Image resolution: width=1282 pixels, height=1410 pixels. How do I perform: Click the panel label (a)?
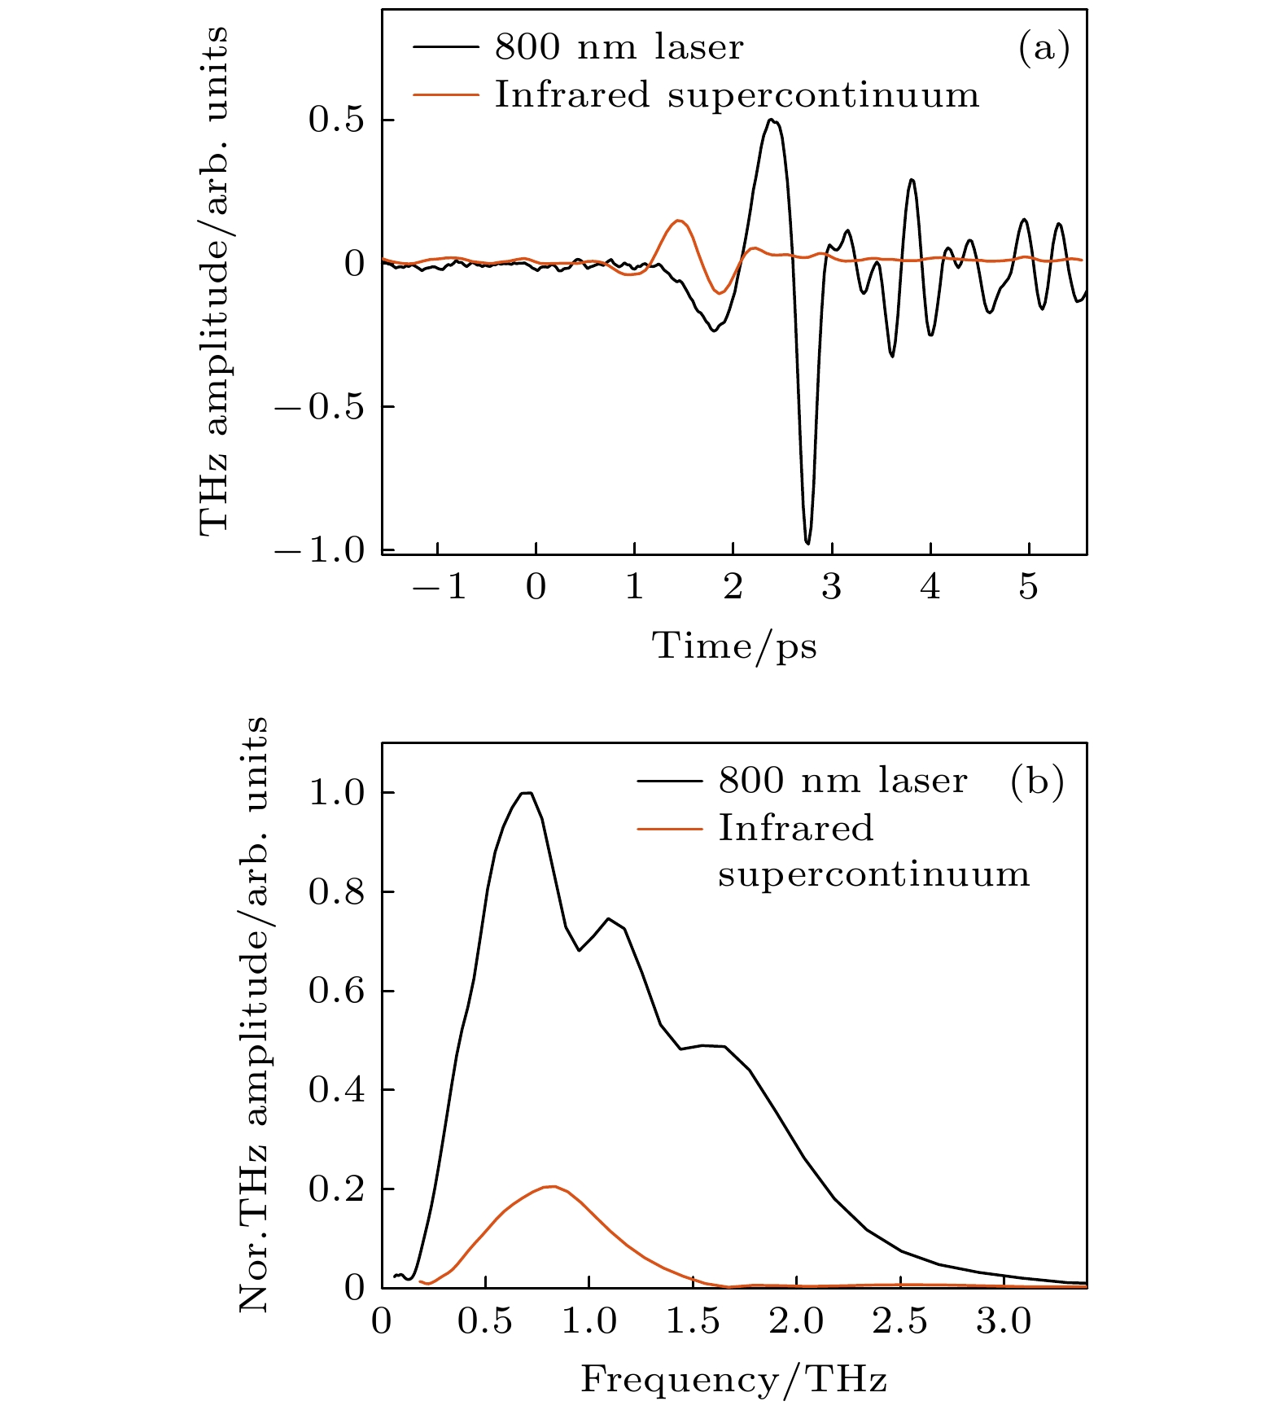[x=1044, y=49]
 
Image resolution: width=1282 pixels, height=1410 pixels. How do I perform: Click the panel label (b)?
[x=1036, y=782]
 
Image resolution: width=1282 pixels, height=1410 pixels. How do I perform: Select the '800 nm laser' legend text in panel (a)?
[x=619, y=48]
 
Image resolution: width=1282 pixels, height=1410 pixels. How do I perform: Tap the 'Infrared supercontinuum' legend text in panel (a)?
[x=737, y=95]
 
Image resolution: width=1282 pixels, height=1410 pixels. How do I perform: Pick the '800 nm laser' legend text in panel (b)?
[x=842, y=782]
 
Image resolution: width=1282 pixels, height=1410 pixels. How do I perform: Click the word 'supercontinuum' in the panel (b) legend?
[x=873, y=875]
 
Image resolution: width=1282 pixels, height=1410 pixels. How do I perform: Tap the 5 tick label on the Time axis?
[x=1029, y=586]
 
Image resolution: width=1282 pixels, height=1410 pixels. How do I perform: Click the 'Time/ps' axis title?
[x=734, y=646]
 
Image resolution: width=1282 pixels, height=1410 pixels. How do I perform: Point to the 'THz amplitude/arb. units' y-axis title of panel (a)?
[x=213, y=281]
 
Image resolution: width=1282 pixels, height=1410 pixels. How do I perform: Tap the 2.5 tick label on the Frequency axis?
[x=900, y=1321]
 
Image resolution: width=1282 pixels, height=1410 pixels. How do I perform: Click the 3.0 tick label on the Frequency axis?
[x=1004, y=1321]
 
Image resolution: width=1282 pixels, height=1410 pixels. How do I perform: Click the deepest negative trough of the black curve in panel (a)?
[x=807, y=542]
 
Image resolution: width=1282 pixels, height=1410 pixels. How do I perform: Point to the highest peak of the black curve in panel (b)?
[x=527, y=793]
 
